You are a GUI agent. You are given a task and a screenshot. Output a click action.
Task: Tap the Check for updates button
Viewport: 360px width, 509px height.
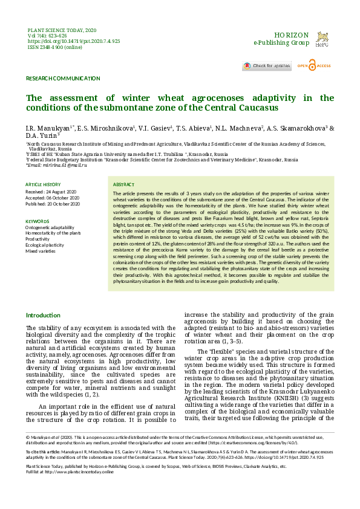pos(266,65)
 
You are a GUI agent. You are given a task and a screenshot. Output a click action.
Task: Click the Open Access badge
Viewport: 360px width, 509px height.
pos(318,65)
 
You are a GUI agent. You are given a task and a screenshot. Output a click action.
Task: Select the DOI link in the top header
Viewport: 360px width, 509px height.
pos(74,41)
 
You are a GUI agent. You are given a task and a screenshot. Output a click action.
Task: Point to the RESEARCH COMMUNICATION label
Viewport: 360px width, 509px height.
pos(63,79)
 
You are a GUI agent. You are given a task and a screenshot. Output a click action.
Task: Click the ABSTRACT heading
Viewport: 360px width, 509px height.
pos(123,184)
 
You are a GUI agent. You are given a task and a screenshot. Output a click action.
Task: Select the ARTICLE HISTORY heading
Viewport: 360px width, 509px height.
pos(43,184)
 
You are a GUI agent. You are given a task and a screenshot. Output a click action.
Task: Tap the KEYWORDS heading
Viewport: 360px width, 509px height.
pos(38,221)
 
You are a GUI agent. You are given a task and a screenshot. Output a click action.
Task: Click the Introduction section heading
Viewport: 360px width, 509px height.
pos(43,316)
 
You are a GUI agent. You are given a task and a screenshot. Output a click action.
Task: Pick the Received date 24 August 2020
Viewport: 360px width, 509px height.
pos(52,191)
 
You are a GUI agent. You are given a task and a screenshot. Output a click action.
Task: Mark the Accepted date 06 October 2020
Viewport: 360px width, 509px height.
pos(53,197)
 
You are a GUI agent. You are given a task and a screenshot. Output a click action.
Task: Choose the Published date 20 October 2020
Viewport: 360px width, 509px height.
pos(53,204)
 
